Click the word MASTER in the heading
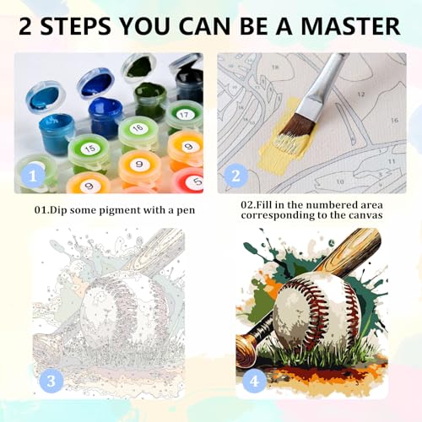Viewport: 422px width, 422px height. tap(351, 26)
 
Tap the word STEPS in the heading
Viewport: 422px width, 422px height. tap(76, 26)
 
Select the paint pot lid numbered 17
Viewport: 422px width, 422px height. tap(184, 114)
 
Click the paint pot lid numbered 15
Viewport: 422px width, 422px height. tap(89, 149)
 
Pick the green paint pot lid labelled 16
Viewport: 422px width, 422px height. tap(138, 128)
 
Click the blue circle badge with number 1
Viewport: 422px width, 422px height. tap(33, 176)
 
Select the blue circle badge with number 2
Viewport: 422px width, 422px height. tap(235, 176)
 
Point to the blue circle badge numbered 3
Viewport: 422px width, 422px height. tap(51, 381)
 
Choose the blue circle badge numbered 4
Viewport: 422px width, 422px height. tap(254, 381)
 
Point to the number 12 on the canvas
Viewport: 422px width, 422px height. tap(361, 95)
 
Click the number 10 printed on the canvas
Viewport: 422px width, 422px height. tap(340, 181)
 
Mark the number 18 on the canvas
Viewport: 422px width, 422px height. tap(275, 68)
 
